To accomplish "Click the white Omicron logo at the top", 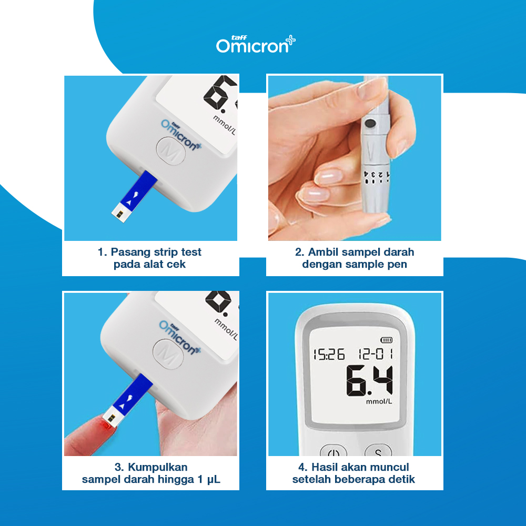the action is [256, 44].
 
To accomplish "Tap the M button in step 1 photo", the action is [170, 151].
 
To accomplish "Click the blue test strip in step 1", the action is [135, 196].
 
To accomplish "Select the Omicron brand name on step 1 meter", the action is [181, 136].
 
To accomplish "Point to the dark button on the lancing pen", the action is [370, 124].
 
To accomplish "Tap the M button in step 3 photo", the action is [168, 354].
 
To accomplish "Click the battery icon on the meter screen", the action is [386, 340].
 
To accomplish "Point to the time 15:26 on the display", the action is [329, 354].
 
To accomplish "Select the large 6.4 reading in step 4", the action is [369, 380].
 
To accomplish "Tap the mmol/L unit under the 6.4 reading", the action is [379, 401].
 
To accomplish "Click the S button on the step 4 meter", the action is [378, 451].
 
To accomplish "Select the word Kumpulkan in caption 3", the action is [157, 467].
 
